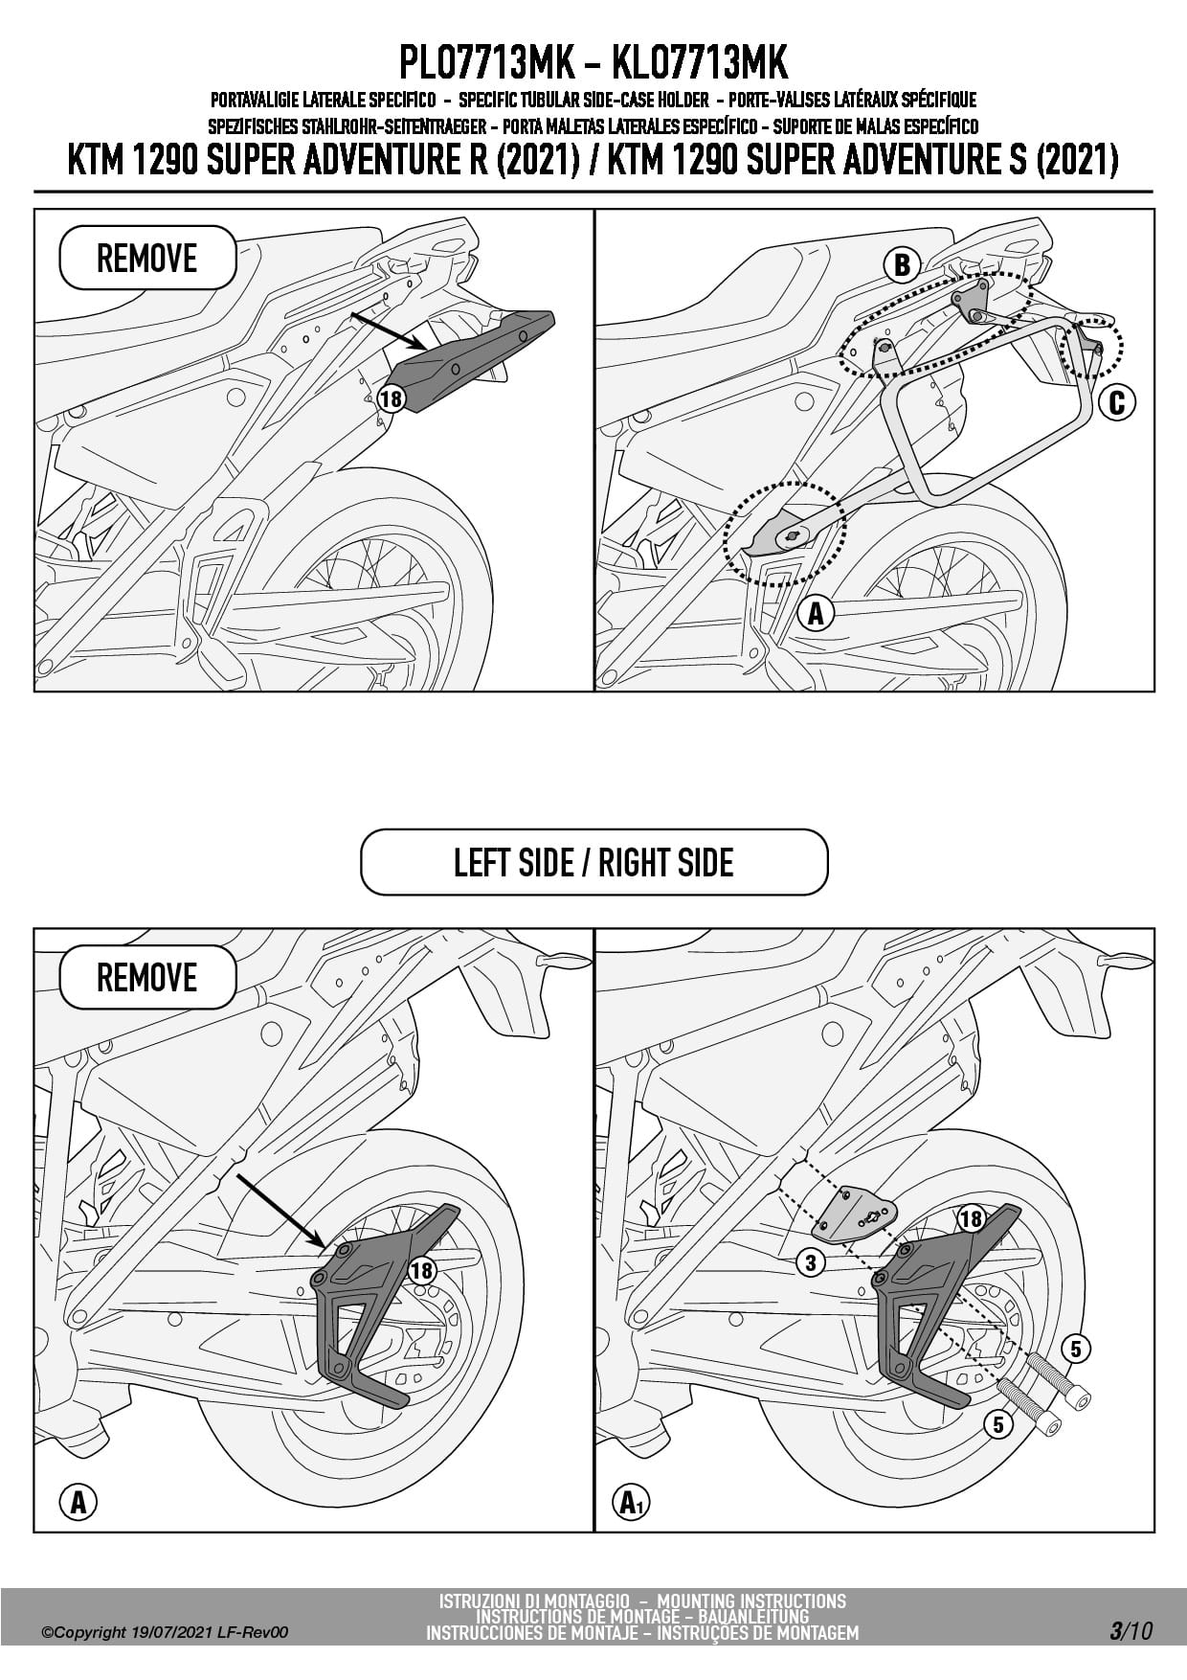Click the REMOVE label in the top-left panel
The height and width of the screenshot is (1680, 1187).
(147, 259)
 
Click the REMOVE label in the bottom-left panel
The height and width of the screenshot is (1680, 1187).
(147, 978)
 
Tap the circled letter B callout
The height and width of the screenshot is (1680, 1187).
(902, 265)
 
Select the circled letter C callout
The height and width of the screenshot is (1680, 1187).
(1116, 403)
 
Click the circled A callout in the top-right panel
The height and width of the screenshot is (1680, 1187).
(816, 612)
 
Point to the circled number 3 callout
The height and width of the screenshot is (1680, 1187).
(811, 1262)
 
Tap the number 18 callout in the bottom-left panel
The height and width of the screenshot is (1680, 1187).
(421, 1270)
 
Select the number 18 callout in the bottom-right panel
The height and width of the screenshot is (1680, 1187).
(972, 1218)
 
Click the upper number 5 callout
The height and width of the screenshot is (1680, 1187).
(1076, 1350)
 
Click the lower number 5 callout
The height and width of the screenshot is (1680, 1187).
(998, 1424)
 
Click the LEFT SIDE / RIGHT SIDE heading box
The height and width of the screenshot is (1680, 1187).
(593, 862)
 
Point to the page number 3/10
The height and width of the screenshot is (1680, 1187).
(1131, 1630)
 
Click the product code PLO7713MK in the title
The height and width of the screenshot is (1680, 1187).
(486, 63)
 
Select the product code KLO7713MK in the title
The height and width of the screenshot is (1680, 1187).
(699, 63)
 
